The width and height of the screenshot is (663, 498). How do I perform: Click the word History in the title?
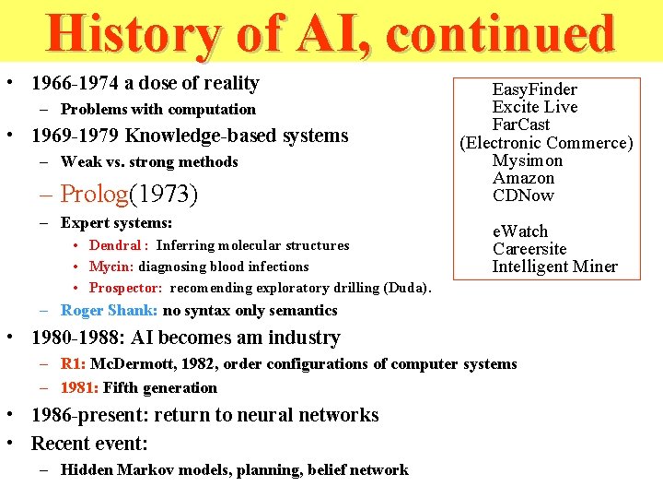pos(133,34)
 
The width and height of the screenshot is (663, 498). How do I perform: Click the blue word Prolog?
pos(94,194)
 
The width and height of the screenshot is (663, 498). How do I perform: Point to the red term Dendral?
pos(115,245)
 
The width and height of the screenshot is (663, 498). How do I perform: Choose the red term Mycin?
pos(111,267)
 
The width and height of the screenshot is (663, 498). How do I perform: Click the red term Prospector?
pos(125,288)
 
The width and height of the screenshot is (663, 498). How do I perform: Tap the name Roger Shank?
pos(109,311)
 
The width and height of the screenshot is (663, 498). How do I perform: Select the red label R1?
pos(73,363)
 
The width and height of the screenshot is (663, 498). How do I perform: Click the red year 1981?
pos(78,388)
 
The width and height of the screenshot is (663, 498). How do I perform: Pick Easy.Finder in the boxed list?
pos(534,89)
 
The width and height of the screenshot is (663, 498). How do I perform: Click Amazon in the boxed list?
pos(523,178)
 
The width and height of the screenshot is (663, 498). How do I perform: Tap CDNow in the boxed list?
pos(523,196)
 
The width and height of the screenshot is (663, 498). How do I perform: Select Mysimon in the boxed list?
pos(527,160)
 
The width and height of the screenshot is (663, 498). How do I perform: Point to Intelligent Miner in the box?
pos(554,267)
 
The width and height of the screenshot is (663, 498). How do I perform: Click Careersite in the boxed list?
pos(529,249)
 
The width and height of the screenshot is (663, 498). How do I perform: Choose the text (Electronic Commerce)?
pos(547,143)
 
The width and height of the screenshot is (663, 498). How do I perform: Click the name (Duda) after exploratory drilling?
pos(408,288)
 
